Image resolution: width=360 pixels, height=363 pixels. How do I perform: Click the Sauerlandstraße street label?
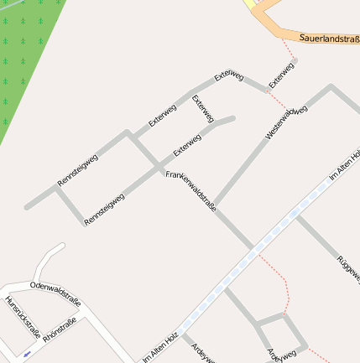pos(329,39)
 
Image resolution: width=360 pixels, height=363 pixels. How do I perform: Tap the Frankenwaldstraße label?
pos(191,191)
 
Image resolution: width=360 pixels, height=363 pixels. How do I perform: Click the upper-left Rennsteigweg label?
pos(78,169)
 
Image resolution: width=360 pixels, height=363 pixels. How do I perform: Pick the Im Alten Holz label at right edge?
pos(345,165)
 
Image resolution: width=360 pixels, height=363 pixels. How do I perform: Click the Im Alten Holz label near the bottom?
pos(161,346)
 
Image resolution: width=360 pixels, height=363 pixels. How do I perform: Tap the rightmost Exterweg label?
pos(281,75)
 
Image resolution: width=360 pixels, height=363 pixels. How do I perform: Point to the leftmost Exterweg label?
pos(163,115)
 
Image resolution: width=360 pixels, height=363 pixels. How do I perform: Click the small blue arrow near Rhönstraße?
pos(28,354)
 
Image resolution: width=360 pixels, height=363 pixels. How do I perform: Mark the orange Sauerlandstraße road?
pos(277,25)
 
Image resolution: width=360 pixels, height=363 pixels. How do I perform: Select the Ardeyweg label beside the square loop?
pos(281,355)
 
